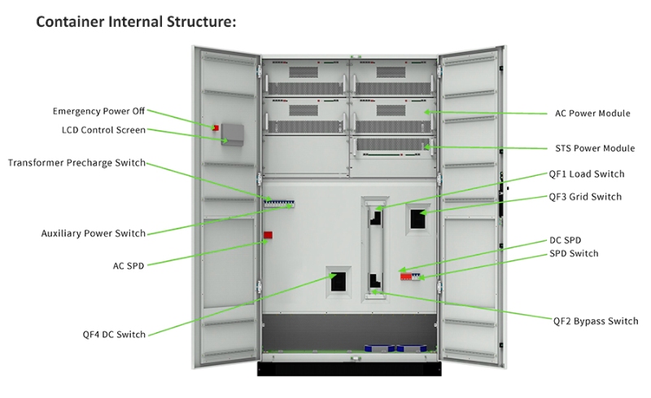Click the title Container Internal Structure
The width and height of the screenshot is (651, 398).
(136, 22)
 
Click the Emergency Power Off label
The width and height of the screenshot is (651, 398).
(98, 111)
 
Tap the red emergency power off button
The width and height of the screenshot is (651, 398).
(216, 127)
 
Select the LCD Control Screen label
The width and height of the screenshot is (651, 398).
(103, 129)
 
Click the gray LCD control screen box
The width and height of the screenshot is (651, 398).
(234, 134)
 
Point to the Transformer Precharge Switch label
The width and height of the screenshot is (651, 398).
(76, 163)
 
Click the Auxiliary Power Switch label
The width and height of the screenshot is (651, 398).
(94, 234)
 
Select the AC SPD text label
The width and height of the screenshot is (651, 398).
(129, 265)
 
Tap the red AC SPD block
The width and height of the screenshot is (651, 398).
(267, 235)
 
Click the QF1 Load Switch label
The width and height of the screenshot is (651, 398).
(587, 174)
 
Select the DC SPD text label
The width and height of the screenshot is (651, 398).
(566, 241)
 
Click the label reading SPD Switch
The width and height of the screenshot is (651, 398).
(574, 254)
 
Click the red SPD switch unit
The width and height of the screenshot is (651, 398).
(409, 277)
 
